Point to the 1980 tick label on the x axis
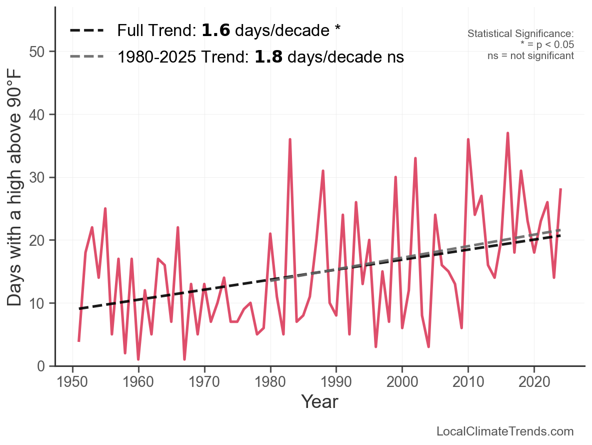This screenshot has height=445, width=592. point(270,383)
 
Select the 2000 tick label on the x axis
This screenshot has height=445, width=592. point(402,383)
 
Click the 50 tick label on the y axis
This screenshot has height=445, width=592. point(38,52)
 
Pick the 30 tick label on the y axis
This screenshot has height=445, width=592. point(38,178)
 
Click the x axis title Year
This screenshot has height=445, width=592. point(319,402)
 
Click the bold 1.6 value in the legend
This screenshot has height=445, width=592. point(216,31)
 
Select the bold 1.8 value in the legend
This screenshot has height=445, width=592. point(268,58)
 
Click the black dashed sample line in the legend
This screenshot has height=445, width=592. point(86,31)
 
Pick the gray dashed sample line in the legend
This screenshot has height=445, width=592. point(86,56)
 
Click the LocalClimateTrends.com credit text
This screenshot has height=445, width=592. point(505,431)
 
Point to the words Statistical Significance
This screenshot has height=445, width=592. point(520,34)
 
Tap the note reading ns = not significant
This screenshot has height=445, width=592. point(530,56)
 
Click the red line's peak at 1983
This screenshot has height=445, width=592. point(290,140)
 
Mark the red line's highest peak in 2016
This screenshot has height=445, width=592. point(507,134)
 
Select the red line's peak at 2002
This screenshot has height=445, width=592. point(415,159)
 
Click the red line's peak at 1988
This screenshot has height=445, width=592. point(323,171)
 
